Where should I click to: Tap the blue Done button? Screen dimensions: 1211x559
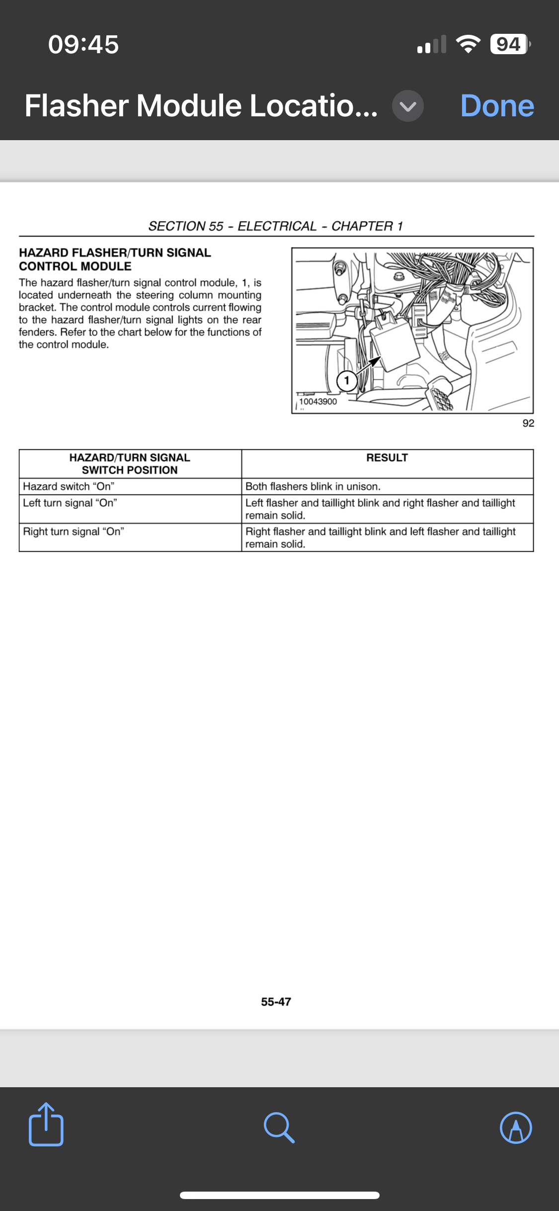[x=497, y=106]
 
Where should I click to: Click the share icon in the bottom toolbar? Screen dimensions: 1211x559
[x=46, y=1125]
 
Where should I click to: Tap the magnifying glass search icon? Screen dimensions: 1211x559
[x=279, y=1127]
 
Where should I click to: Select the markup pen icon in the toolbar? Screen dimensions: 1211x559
[x=516, y=1127]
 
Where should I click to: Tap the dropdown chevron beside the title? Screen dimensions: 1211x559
[x=407, y=106]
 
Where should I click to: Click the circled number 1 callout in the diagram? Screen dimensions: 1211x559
[x=347, y=381]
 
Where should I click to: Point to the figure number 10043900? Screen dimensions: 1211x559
[x=318, y=402]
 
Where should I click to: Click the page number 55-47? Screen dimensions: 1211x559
[x=276, y=1002]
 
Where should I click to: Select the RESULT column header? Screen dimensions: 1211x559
[x=387, y=458]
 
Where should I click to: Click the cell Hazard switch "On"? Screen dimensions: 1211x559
[x=69, y=486]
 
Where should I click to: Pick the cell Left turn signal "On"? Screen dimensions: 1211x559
[x=70, y=503]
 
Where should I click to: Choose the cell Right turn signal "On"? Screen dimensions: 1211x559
[x=74, y=531]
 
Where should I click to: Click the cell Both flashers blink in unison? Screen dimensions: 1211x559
[x=313, y=486]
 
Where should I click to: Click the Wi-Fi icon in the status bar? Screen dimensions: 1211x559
[x=468, y=44]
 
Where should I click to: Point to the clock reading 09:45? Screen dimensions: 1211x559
[x=83, y=44]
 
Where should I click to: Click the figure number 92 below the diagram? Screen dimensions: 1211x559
[x=528, y=423]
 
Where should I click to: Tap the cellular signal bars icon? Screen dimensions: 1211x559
[x=431, y=44]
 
